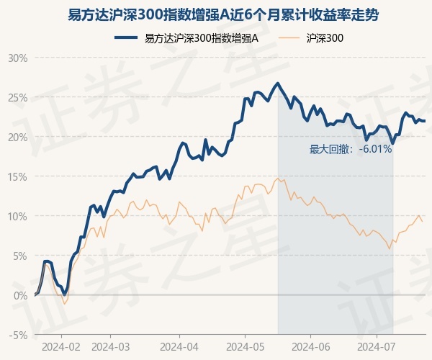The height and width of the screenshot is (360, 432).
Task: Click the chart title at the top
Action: (216, 14)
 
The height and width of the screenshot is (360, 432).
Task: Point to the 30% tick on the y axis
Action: (18, 58)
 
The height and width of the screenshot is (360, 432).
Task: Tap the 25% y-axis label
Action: (18, 97)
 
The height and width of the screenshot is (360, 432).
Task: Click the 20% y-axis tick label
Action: (18, 137)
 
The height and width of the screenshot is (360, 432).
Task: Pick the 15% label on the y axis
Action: (18, 176)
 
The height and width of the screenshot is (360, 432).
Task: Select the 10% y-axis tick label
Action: (18, 216)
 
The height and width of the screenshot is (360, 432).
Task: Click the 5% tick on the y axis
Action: (20, 256)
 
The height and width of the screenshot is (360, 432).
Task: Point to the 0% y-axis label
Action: (20, 295)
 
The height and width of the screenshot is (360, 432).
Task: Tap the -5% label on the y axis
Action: (19, 335)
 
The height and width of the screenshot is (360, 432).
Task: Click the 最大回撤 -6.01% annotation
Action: (351, 149)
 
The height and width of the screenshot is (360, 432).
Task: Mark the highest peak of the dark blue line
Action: (278, 84)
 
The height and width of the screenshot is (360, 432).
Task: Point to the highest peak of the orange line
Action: (277, 178)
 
